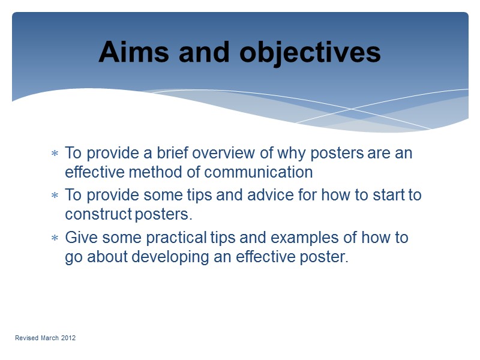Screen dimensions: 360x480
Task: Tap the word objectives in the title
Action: coord(310,53)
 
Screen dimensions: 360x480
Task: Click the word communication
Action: coord(259,173)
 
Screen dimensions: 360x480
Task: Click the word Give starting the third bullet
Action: coord(79,238)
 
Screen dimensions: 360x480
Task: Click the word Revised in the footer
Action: coord(26,338)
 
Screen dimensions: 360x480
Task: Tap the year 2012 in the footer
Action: coord(67,338)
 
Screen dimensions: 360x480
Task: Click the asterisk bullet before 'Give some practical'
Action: coord(55,238)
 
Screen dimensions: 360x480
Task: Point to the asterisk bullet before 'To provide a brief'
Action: coord(55,154)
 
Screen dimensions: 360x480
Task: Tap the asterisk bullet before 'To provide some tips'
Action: coord(55,196)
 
